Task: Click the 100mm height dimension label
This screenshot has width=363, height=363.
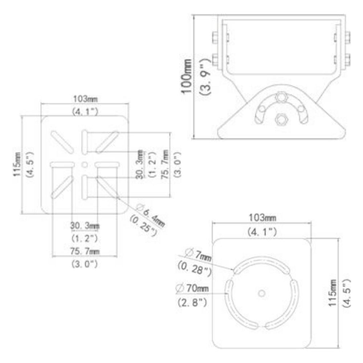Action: (188, 77)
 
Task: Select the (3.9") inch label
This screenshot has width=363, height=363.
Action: (204, 77)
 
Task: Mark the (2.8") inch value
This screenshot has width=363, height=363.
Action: (192, 301)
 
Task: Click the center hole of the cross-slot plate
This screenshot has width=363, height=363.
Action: (85, 164)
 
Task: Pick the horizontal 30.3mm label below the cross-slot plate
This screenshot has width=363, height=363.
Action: (84, 226)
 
